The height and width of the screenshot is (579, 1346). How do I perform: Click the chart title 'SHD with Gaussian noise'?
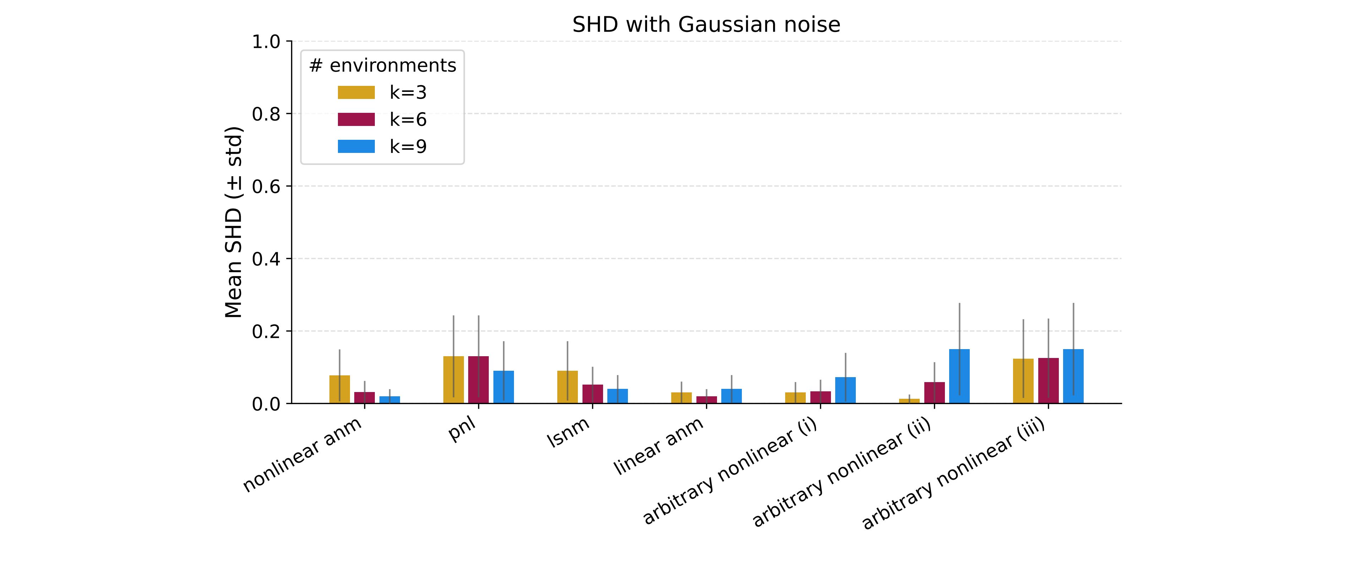point(706,24)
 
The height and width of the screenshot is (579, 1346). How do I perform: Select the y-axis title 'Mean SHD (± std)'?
point(234,222)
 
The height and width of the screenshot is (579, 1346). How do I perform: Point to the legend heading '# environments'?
point(383,66)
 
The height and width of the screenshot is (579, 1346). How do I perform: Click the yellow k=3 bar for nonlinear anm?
point(340,390)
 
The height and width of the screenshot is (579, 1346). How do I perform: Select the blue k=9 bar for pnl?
point(503,387)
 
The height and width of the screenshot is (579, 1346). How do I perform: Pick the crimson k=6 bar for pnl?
point(478,380)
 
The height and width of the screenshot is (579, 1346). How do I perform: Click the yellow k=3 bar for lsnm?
point(568,387)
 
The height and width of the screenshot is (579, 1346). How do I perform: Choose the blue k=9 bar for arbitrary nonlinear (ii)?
point(959,376)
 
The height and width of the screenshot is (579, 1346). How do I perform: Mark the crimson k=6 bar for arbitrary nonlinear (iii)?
point(1048,381)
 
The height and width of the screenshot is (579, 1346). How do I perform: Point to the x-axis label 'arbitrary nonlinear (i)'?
point(729,471)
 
